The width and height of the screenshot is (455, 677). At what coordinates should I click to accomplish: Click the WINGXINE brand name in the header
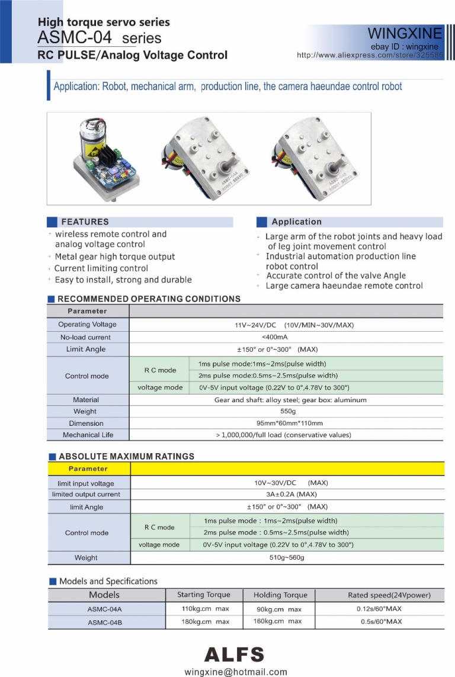tap(405, 33)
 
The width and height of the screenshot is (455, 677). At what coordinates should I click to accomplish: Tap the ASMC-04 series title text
tap(99, 38)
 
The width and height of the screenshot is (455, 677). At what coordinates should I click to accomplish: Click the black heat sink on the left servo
tap(109, 158)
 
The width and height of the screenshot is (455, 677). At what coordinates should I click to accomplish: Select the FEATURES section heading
tap(85, 222)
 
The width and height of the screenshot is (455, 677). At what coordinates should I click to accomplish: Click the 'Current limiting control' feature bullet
tap(101, 268)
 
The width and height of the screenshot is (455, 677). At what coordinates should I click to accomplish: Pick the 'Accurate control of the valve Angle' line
tap(336, 275)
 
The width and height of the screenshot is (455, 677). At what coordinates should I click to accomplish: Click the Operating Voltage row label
tap(87, 325)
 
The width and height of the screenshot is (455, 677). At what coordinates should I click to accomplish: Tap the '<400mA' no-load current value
tap(286, 337)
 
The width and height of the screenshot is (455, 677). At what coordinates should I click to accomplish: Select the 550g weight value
tap(287, 411)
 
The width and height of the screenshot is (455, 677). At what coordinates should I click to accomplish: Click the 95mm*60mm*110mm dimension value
tap(287, 423)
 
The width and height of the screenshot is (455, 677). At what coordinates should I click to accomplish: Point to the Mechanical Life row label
tap(87, 435)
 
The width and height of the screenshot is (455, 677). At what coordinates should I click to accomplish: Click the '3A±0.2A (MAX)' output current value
tap(286, 495)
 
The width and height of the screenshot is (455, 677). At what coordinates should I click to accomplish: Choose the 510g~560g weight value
tap(287, 558)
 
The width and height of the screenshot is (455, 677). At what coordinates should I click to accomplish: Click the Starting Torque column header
tap(203, 595)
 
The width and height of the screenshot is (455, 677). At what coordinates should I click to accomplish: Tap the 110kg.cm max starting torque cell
tap(205, 609)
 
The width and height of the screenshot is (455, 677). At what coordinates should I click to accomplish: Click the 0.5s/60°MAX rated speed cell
tap(381, 622)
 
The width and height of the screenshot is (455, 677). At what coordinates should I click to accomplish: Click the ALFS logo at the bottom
tap(234, 654)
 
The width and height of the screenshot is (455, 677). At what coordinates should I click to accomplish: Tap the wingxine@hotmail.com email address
tap(236, 672)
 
